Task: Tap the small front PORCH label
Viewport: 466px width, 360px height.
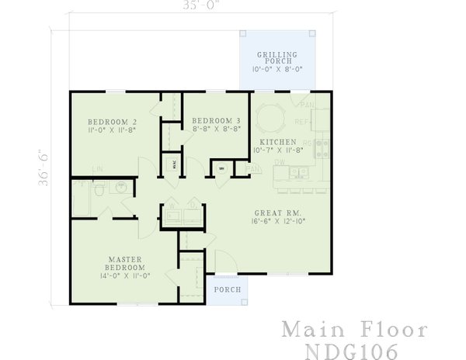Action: pos(228,289)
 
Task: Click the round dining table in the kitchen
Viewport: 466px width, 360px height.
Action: pos(272,119)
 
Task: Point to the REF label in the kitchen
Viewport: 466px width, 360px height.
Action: pos(302,123)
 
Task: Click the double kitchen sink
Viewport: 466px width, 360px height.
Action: pos(297,175)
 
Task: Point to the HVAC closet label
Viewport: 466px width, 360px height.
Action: pos(175,164)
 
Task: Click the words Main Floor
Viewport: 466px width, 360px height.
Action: pos(353,328)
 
